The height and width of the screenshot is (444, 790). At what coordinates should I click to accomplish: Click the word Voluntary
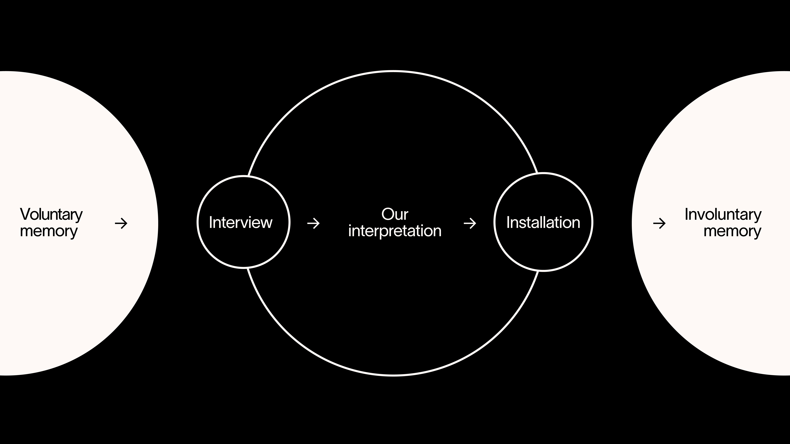[51, 215]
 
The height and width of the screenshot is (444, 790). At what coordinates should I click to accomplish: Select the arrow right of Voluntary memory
[121, 223]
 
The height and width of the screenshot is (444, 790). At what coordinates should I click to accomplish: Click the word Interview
[241, 222]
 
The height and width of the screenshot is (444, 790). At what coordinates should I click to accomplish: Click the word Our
[395, 214]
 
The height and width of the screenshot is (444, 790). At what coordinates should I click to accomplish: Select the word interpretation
[395, 231]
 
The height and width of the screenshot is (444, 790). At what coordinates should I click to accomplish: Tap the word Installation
[543, 222]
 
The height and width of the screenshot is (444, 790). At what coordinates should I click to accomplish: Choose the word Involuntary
[723, 215]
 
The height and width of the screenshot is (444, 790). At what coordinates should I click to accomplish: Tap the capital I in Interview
[211, 222]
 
